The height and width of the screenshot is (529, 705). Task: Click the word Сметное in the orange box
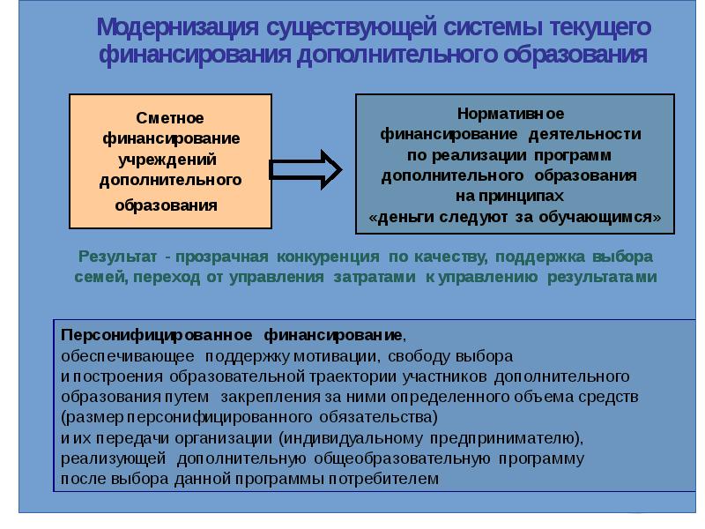pyautogui.click(x=170, y=118)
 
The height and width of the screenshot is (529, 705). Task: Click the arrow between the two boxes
pyautogui.click(x=305, y=168)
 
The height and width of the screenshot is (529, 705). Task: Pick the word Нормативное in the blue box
pyautogui.click(x=511, y=115)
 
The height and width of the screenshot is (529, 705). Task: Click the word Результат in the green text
pyautogui.click(x=118, y=257)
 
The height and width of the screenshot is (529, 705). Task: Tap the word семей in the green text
pyautogui.click(x=93, y=277)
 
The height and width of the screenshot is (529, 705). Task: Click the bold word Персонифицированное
pyautogui.click(x=156, y=336)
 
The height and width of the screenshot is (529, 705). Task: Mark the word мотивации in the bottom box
pyautogui.click(x=327, y=356)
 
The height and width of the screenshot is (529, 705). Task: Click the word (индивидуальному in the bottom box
pyautogui.click(x=350, y=438)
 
